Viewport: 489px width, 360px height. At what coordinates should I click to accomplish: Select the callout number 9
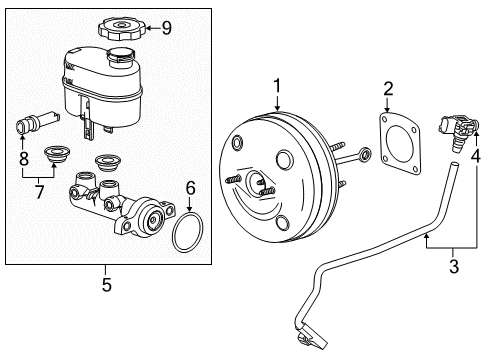pos(167,28)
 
